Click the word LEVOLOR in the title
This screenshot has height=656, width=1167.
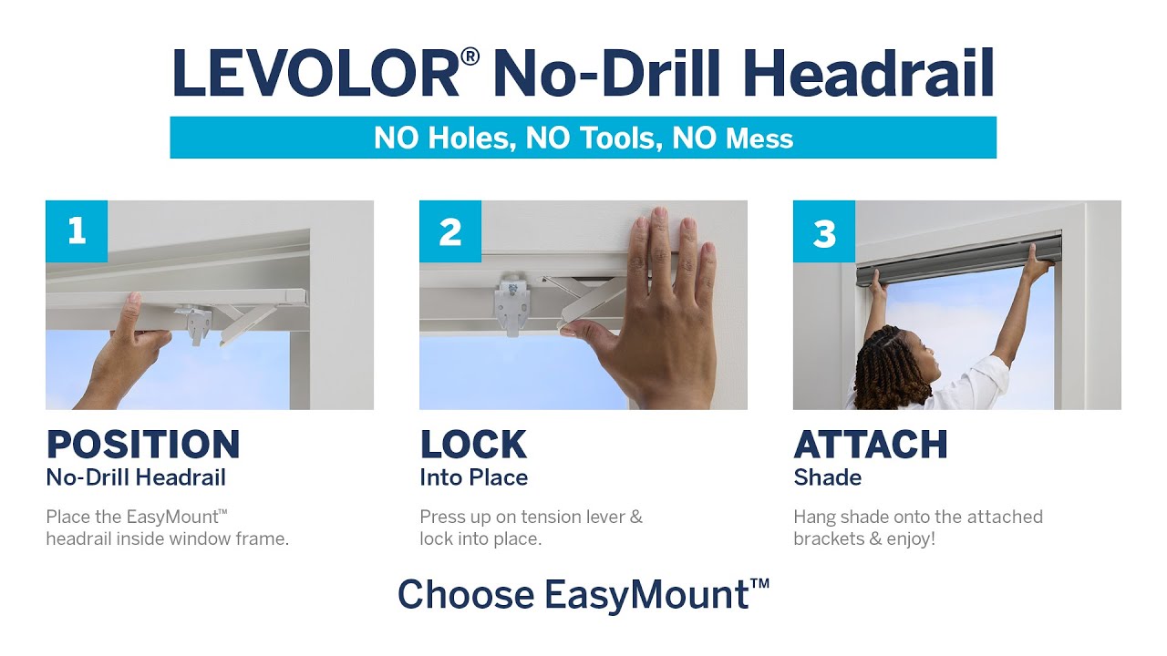coord(315,75)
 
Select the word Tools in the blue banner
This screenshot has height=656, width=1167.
coord(593,138)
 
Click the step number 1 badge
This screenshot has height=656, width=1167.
coord(77,231)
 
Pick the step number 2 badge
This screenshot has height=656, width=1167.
coord(450,231)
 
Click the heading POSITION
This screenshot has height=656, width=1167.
coord(143,445)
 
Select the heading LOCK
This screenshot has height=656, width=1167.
coord(473,445)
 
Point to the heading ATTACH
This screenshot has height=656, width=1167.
coord(871,445)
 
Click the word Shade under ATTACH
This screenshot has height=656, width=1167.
coord(827,477)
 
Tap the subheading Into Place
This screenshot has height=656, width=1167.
coord(473,477)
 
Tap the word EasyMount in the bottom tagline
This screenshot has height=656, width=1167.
coord(647,595)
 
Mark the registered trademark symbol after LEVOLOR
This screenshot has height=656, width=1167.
coord(470,57)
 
